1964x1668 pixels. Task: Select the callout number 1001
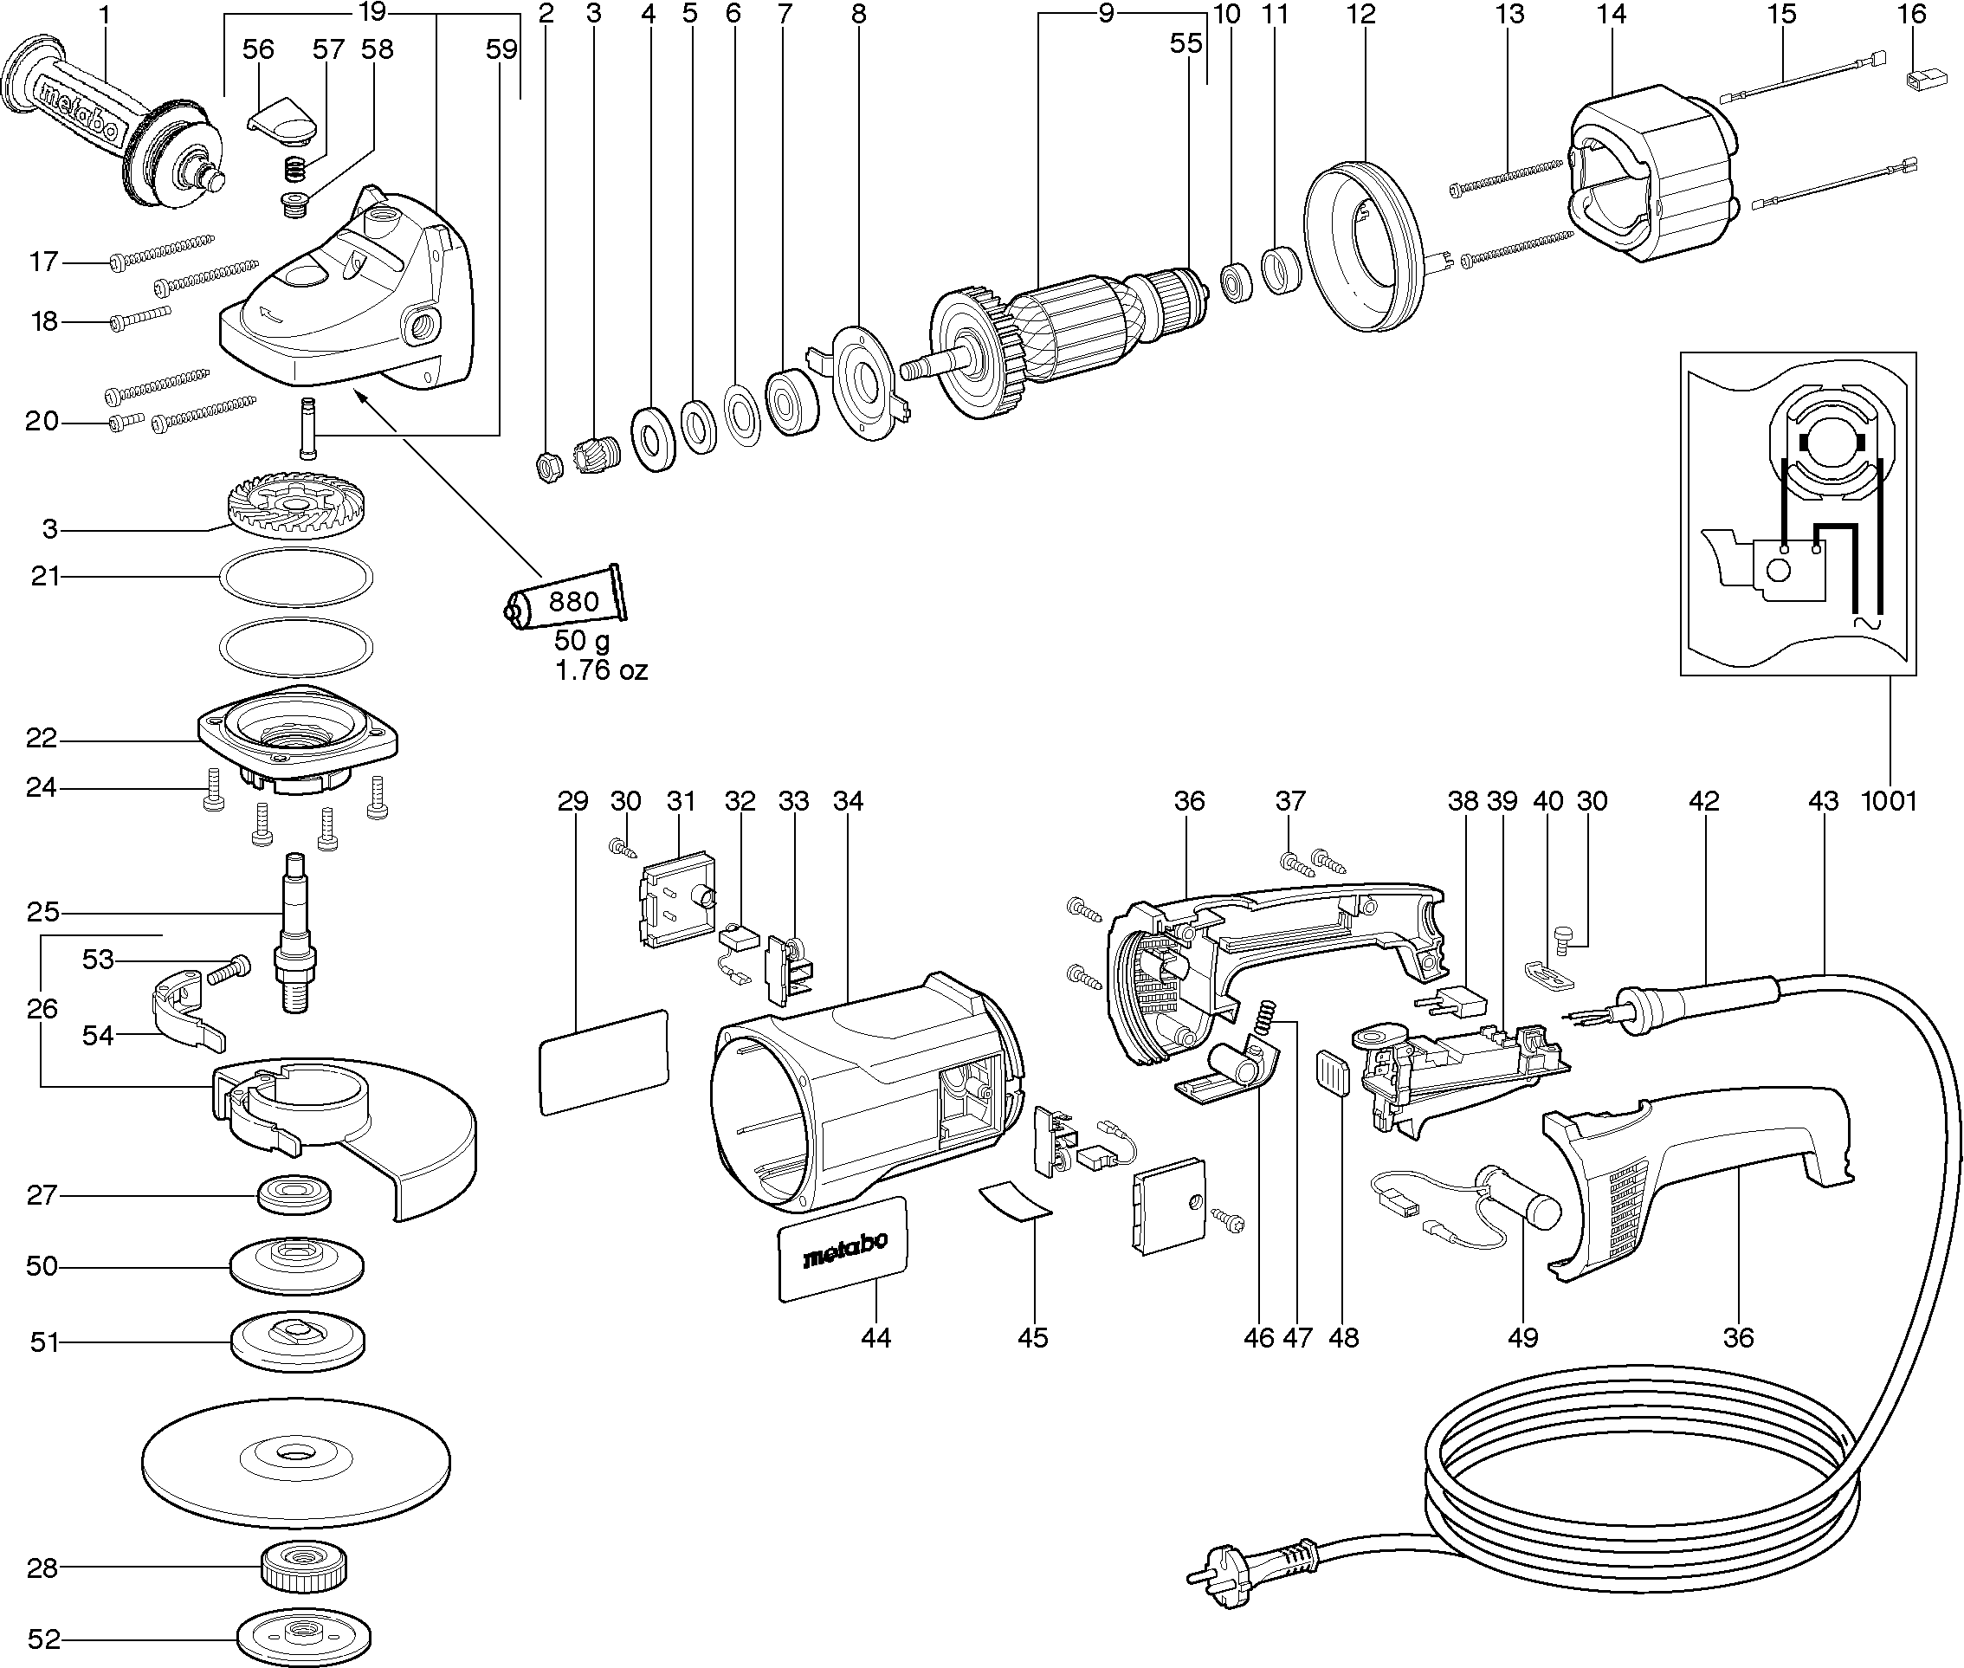point(1889,801)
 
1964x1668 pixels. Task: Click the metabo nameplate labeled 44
point(843,1247)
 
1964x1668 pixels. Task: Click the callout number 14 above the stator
point(1611,14)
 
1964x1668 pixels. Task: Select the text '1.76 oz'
point(600,670)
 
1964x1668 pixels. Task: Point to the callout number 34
point(848,801)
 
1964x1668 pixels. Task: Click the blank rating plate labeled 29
point(604,1060)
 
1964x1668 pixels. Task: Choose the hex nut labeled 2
point(548,466)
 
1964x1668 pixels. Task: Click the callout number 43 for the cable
point(1822,801)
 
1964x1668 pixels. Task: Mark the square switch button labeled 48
point(1333,1072)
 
